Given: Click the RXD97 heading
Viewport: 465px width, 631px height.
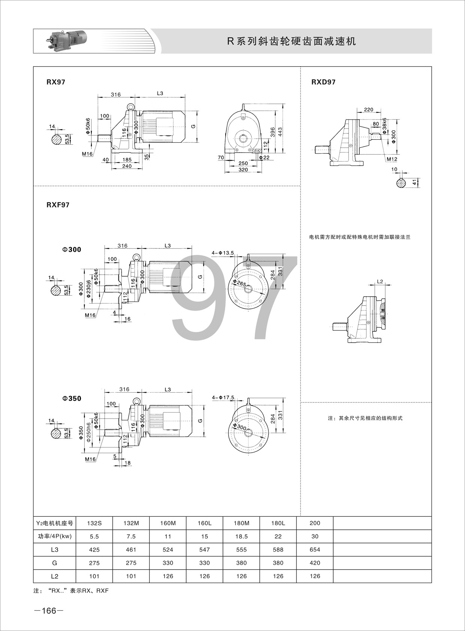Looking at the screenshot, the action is click(x=323, y=82).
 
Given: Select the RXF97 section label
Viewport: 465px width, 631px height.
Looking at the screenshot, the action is click(x=58, y=205).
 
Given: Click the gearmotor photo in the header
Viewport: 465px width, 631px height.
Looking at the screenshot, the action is click(x=66, y=41).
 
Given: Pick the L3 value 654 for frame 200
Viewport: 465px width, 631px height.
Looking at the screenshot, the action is click(x=315, y=549).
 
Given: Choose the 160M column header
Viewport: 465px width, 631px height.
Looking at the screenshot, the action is click(x=168, y=523).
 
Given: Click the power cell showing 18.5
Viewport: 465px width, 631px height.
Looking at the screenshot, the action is click(x=241, y=536).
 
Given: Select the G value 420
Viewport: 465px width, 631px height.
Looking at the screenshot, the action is click(x=315, y=563).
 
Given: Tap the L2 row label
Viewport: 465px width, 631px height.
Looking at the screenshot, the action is click(x=55, y=576).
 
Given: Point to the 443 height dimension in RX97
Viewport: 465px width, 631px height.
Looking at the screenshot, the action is click(x=280, y=132).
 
